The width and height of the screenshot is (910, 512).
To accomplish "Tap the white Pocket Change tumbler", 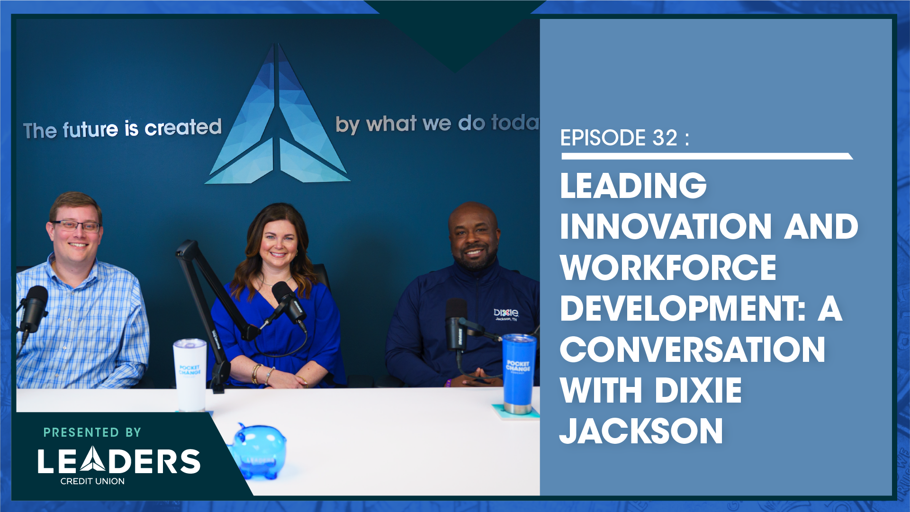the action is tap(189, 375).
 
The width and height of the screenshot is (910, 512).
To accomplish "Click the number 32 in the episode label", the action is tap(665, 138).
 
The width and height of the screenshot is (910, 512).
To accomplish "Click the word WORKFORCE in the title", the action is tap(668, 268).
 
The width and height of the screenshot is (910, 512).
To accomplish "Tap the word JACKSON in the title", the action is tap(641, 431).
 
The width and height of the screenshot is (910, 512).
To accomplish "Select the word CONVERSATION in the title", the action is tap(693, 350).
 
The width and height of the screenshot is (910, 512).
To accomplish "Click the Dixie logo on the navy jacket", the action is tap(506, 314).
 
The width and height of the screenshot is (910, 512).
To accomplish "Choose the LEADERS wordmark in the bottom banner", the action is tap(119, 461).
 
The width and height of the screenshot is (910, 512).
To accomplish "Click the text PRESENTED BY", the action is tap(92, 432).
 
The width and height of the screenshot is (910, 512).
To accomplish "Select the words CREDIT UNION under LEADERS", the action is tap(92, 481).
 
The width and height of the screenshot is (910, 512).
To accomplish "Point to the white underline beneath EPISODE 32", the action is tap(707, 156).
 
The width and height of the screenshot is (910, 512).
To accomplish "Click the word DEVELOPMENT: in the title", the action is tap(683, 308).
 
